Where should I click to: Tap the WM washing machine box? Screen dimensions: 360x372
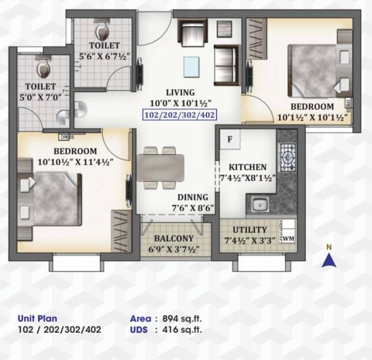[288, 237]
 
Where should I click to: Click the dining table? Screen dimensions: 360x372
[160, 167]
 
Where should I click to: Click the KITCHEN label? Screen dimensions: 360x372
[247, 167]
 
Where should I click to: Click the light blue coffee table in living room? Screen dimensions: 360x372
[192, 66]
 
